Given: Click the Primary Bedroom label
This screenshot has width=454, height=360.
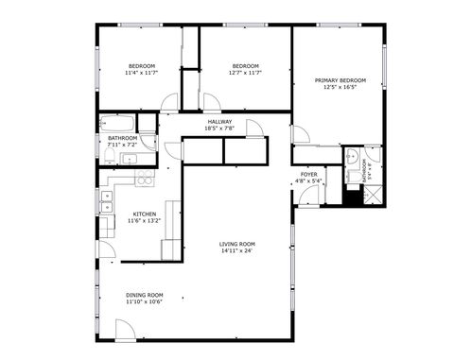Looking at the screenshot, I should coord(340,80).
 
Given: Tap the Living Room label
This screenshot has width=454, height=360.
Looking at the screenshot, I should coord(238,244).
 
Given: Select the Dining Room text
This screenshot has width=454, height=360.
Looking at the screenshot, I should coord(144,295).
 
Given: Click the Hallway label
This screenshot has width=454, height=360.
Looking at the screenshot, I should coord(219,121).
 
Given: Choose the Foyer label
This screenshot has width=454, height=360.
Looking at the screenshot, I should coord(308,174).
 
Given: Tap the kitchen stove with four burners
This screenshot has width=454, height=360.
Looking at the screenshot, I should coord(144,178).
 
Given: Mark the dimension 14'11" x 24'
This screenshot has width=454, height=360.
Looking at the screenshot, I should coord(238,251).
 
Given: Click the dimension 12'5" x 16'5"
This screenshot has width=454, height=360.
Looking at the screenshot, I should coord(340,88).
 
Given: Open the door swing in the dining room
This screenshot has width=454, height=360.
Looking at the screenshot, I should coord(126,330).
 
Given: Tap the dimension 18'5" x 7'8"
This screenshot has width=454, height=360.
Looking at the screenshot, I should coord(219,129).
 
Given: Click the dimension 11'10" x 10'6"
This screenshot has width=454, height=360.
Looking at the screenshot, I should coord(144,302).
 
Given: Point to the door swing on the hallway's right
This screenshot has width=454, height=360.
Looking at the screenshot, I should coord(253,129).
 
